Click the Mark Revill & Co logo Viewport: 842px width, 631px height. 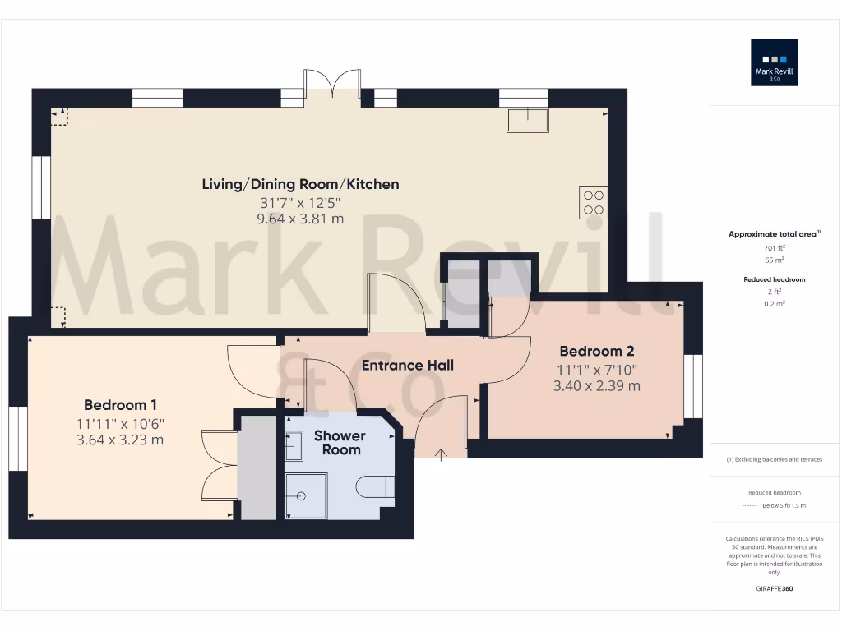pos(774,62)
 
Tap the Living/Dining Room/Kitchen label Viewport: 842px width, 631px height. pos(300,184)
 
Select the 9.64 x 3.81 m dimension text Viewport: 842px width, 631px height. pos(300,219)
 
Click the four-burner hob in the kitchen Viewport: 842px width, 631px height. pos(594,203)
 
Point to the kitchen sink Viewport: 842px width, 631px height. pos(528,120)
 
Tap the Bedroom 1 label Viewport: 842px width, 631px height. pos(120,405)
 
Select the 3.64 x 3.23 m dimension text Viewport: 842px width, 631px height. pos(120,440)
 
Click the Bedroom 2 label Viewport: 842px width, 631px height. pos(596,351)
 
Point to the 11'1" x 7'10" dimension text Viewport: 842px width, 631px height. pos(596,370)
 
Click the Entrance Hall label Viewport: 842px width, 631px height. pos(407,366)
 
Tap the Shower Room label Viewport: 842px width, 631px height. pos(340,443)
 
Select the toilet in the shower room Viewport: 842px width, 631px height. pos(376,487)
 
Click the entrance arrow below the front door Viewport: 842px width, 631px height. pos(442,454)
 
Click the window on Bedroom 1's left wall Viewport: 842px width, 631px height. pos(18,438)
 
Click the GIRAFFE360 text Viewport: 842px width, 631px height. pos(775,588)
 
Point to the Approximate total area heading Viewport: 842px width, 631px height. pos(775,234)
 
